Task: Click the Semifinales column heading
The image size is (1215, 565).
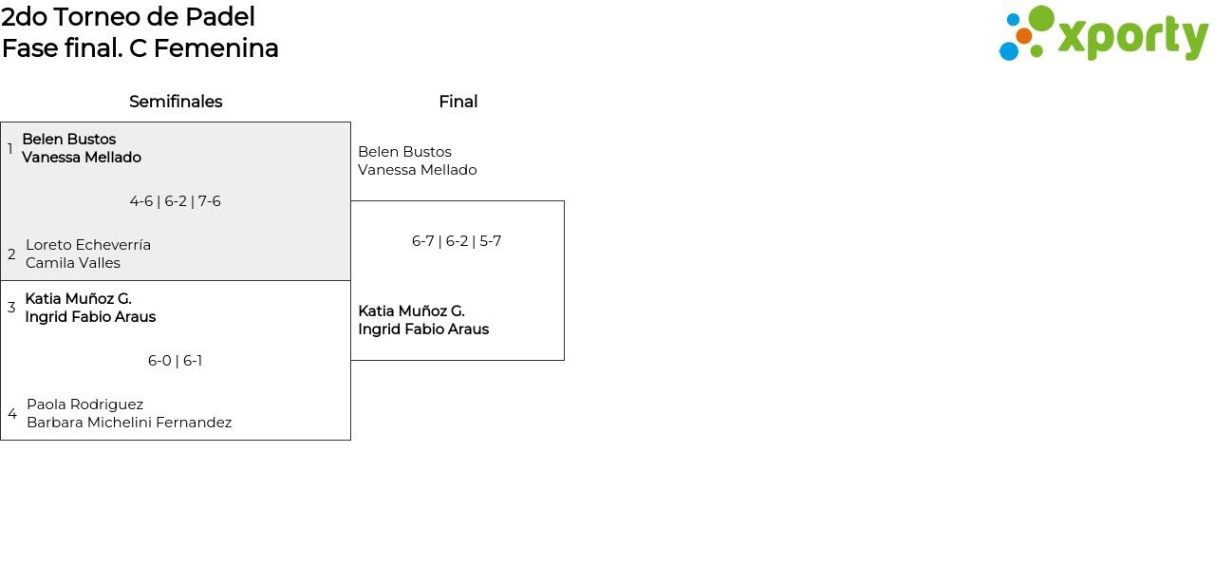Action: [x=176, y=102]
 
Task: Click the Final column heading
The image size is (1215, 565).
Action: [x=458, y=102]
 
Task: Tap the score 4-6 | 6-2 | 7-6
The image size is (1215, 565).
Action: [x=176, y=201]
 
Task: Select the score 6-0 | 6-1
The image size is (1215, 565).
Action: [x=176, y=361]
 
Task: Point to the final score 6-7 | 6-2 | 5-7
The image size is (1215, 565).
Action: [x=457, y=241]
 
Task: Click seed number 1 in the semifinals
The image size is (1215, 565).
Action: [x=9, y=148]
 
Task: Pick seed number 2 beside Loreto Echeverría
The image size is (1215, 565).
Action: [x=11, y=254]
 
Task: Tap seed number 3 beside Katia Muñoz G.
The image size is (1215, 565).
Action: [x=11, y=308]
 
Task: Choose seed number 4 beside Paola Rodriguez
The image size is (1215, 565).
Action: [x=12, y=414]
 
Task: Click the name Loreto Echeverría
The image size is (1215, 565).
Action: [x=88, y=245]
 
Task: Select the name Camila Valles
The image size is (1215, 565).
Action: [x=73, y=263]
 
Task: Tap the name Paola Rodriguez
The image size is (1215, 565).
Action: [x=85, y=405]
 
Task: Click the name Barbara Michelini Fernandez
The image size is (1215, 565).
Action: [x=129, y=423]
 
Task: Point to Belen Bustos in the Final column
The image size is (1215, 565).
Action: [x=404, y=151]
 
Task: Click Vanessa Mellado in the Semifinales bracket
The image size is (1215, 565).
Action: [x=82, y=158]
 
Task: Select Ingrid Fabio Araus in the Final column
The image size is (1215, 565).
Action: [x=423, y=330]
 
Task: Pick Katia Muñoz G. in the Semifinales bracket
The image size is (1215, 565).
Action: [x=79, y=298]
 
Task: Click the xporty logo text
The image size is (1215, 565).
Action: [x=1133, y=38]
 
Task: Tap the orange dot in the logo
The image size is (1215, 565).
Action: [x=1024, y=36]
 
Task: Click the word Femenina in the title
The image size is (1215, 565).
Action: [x=215, y=48]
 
